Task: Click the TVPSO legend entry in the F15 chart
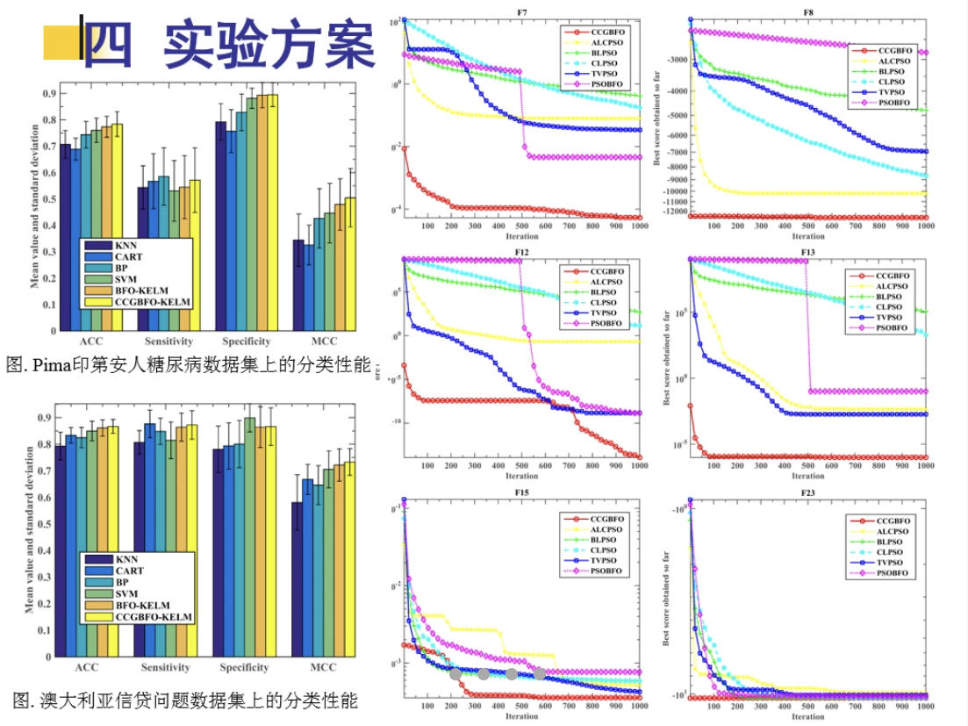click(606, 562)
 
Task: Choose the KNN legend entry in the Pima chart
click(127, 246)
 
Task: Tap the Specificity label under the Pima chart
click(247, 341)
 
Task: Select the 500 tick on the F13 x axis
click(807, 466)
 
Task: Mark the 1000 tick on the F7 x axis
click(639, 226)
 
